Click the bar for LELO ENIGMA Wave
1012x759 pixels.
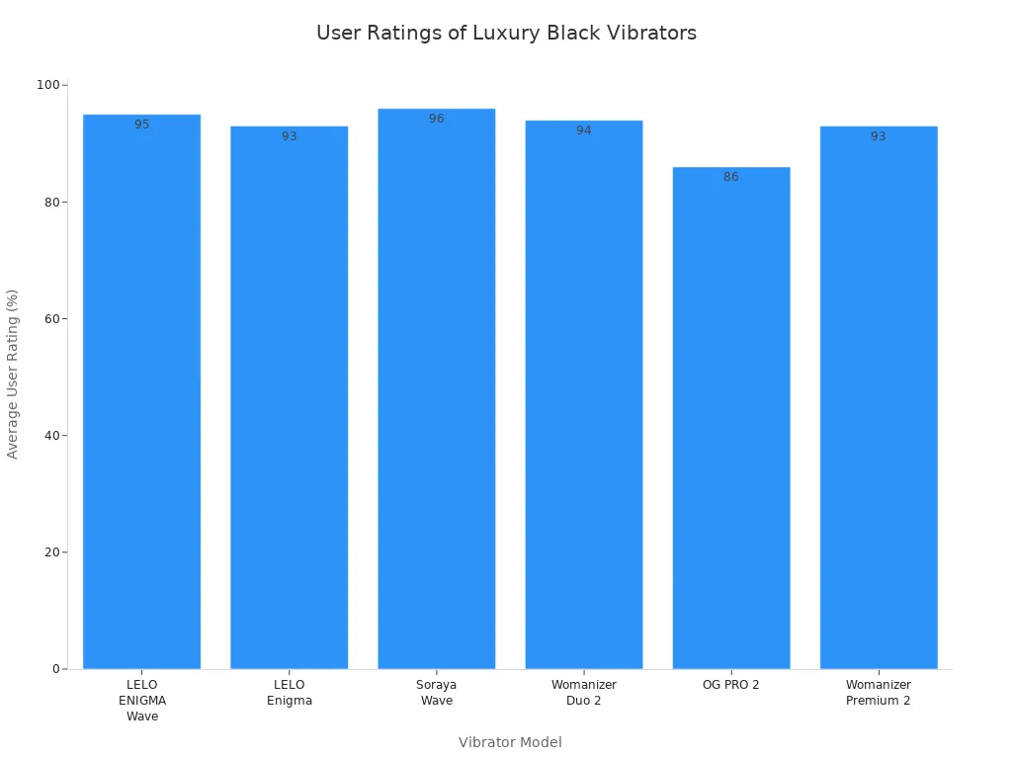[x=141, y=395]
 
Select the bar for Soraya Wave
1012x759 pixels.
[x=436, y=395]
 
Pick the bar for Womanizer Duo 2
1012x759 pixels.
[x=583, y=395]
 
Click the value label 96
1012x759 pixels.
[x=436, y=119]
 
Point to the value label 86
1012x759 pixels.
[x=730, y=177]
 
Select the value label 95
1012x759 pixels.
[x=141, y=125]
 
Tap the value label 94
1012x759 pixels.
[x=583, y=130]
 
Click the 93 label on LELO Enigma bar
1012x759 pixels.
[x=289, y=136]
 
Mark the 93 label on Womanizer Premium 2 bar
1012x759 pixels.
[x=878, y=136]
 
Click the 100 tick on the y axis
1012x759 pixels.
[x=47, y=85]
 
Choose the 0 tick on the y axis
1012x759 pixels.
[x=56, y=669]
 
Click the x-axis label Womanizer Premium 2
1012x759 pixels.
[x=878, y=693]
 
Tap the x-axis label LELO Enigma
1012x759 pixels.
[x=289, y=693]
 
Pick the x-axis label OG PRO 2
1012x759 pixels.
[x=730, y=685]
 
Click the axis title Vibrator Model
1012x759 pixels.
[x=510, y=742]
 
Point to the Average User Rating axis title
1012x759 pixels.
[x=13, y=374]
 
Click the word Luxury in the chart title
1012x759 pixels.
[x=504, y=34]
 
